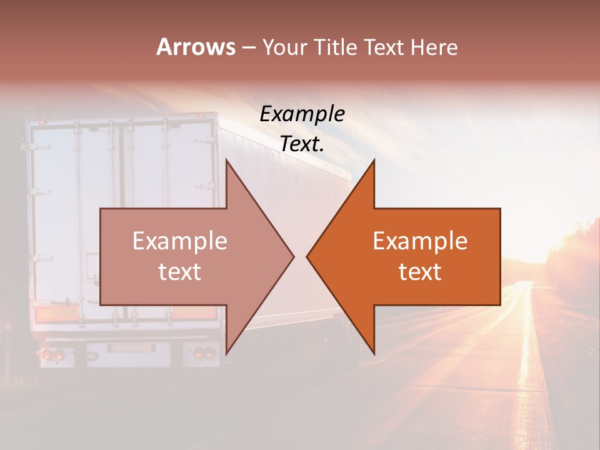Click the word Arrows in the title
tap(196, 47)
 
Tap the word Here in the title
tap(434, 47)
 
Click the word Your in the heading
tap(286, 47)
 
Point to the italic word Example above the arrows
tap(302, 114)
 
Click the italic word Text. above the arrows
tap(302, 144)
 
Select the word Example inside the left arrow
tap(179, 241)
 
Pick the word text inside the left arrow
tap(179, 272)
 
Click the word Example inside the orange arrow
tap(420, 241)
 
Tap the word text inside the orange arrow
tap(420, 272)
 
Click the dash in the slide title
tap(248, 47)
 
